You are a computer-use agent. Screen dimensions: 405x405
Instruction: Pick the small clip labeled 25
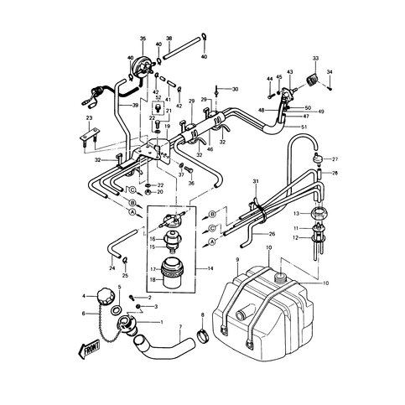pyautogui.click(x=124, y=262)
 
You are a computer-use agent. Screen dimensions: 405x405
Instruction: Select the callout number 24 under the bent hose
pyautogui.click(x=112, y=268)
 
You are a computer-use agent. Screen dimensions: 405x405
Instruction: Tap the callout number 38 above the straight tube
pyautogui.click(x=169, y=39)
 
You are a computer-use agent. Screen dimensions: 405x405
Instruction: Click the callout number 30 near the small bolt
pyautogui.click(x=235, y=89)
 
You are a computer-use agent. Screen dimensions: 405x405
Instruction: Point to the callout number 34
pyautogui.click(x=330, y=71)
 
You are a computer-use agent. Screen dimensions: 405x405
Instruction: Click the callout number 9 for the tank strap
pyautogui.click(x=237, y=262)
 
